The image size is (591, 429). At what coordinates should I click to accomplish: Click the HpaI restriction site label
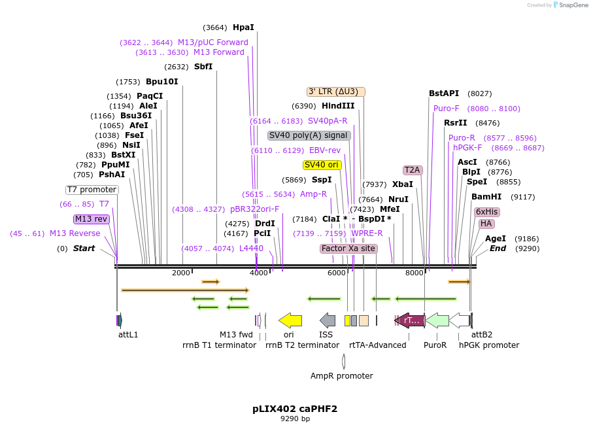pyautogui.click(x=243, y=27)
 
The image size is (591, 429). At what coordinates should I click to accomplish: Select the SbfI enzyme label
pyautogui.click(x=203, y=67)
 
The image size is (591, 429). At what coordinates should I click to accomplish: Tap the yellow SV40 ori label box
pyautogui.click(x=322, y=165)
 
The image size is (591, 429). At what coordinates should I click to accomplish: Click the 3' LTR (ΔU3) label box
pyautogui.click(x=336, y=92)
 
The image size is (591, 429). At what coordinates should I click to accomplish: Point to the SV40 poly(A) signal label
pyautogui.click(x=309, y=135)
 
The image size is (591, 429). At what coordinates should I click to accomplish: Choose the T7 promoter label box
pyautogui.click(x=92, y=190)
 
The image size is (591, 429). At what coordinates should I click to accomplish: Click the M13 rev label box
pyautogui.click(x=91, y=219)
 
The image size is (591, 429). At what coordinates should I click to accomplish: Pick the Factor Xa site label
pyautogui.click(x=348, y=249)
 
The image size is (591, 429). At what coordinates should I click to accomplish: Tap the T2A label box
pyautogui.click(x=413, y=170)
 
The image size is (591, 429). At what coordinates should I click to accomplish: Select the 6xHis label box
pyautogui.click(x=487, y=212)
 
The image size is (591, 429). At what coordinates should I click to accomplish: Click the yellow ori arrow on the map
pyautogui.click(x=290, y=320)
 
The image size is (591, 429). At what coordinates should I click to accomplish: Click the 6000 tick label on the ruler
pyautogui.click(x=336, y=273)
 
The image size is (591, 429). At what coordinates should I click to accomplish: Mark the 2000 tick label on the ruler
pyautogui.click(x=181, y=273)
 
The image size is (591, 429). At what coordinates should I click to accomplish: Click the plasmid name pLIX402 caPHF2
pyautogui.click(x=295, y=409)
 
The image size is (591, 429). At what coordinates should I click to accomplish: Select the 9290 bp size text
pyautogui.click(x=295, y=419)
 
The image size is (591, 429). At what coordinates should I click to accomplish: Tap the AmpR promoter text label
pyautogui.click(x=341, y=376)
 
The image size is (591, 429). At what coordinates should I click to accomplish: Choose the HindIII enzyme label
pyautogui.click(x=338, y=106)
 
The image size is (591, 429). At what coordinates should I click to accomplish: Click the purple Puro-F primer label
pyautogui.click(x=447, y=109)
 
